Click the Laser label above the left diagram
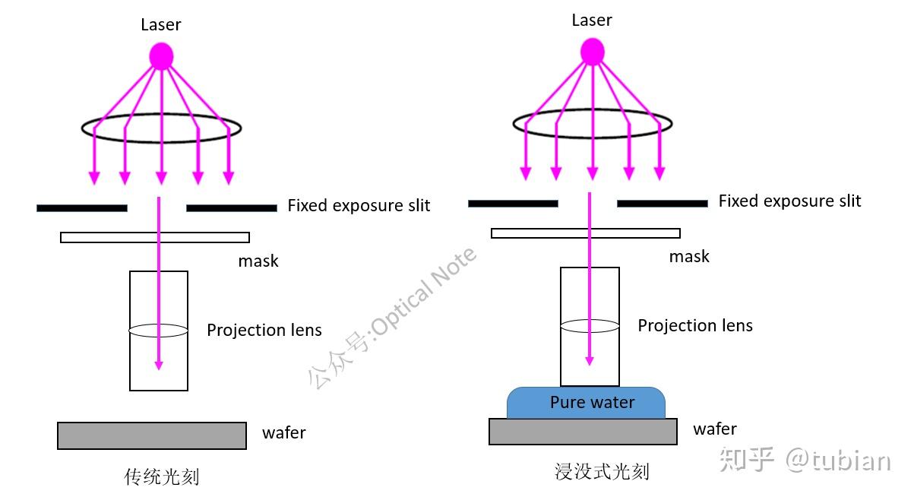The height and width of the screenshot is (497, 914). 161,24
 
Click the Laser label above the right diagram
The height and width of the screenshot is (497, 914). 592,20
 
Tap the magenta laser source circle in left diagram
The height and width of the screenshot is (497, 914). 161,56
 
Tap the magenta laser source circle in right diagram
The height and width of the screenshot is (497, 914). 592,52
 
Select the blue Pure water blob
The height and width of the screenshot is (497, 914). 586,403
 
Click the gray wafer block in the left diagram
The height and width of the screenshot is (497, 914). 152,435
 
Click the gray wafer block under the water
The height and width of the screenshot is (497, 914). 583,432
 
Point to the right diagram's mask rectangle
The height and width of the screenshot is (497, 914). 532,233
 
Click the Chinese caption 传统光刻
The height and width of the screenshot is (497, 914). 162,476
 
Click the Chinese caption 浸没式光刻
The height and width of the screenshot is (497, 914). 602,472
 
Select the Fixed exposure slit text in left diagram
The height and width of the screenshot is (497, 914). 359,206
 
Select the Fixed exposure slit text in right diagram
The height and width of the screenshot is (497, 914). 789,201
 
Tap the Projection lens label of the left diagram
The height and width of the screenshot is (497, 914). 264,331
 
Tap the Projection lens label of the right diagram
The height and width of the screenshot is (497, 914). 695,326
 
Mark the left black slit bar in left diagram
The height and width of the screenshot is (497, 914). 81,208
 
